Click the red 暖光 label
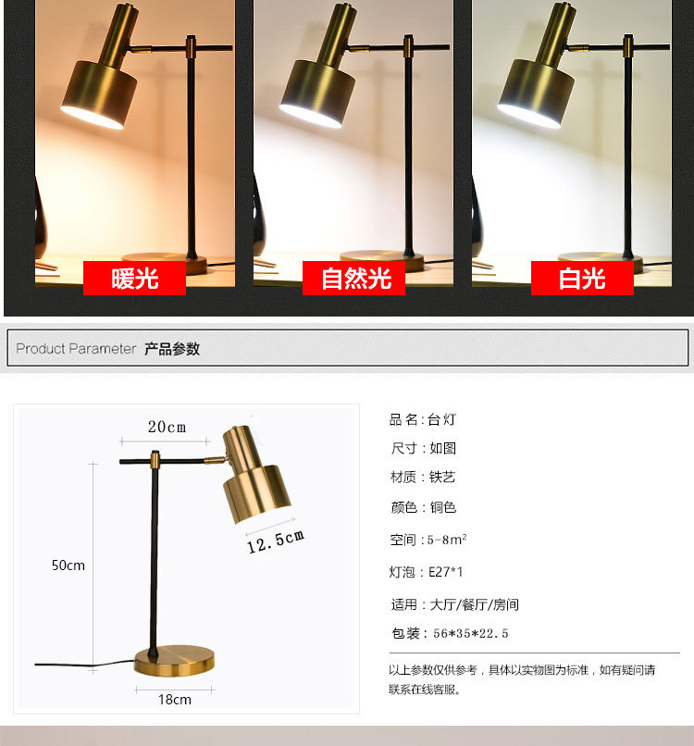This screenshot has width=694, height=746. (x=134, y=278)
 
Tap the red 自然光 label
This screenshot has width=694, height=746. (x=353, y=278)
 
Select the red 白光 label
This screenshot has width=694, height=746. (x=582, y=278)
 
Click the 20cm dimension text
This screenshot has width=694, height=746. (x=167, y=427)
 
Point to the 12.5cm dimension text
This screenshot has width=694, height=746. (x=276, y=541)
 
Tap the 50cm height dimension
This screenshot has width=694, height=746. (x=68, y=565)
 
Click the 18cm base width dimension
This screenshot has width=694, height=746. (x=174, y=699)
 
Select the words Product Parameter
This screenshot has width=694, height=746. (x=76, y=349)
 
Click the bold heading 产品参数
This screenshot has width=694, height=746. (x=172, y=349)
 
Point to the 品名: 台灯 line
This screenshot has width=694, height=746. (x=423, y=419)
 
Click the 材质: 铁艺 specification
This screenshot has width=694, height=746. (x=423, y=478)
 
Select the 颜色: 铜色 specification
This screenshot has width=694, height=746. (x=424, y=507)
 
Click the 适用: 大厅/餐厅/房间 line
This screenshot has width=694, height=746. (x=454, y=604)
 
